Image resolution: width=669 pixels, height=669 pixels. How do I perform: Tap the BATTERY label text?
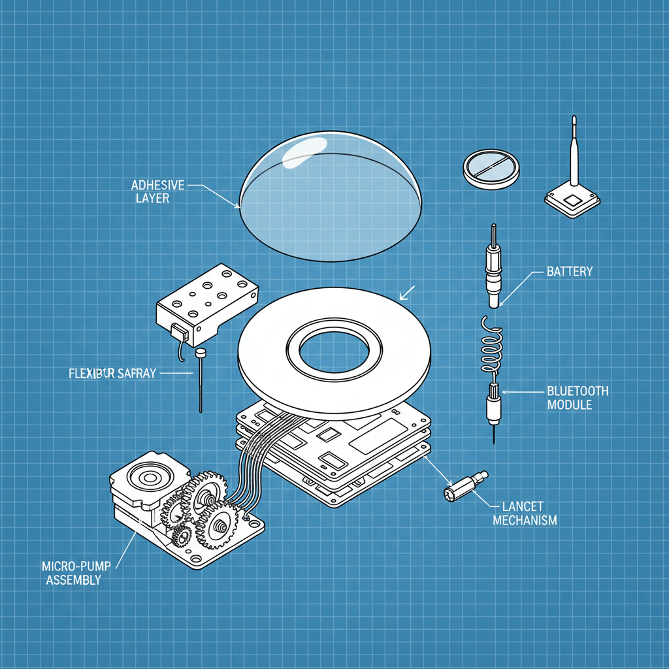coord(569,271)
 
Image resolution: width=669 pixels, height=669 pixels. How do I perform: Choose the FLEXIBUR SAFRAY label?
coord(112,374)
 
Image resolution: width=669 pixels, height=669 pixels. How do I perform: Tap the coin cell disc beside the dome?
coord(491,168)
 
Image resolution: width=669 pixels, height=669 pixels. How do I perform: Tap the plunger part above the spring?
coord(493,268)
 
